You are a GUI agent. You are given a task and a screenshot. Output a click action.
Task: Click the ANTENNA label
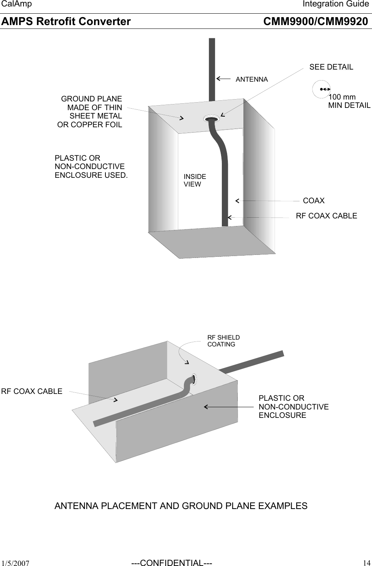tap(251, 79)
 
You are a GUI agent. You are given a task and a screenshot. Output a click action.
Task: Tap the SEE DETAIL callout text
tap(331, 67)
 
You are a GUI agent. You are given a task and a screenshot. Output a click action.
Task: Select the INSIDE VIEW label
tap(195, 180)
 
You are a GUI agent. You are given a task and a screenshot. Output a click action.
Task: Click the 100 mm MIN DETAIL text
tap(349, 101)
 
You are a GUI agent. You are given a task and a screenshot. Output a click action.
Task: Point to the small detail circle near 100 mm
tap(321, 89)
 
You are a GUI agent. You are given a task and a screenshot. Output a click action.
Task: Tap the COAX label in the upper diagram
tap(314, 201)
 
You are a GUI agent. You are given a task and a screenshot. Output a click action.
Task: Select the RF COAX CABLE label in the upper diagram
tap(326, 216)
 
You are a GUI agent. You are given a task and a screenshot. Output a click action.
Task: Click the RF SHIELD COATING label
tap(223, 341)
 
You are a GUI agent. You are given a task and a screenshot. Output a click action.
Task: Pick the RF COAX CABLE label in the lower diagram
tap(32, 391)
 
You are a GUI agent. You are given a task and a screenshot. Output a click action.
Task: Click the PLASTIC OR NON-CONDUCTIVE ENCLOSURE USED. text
tap(91, 166)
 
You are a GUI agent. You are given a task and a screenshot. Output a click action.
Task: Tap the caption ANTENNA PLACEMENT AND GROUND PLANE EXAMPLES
tap(181, 506)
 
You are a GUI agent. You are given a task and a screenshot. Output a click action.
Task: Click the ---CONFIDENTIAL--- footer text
tap(171, 563)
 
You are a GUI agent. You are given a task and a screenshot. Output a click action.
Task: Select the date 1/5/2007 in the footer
tap(16, 563)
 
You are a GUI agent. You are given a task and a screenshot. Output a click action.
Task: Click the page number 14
tap(366, 563)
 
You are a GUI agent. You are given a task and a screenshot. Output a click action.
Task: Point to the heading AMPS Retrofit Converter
tap(66, 22)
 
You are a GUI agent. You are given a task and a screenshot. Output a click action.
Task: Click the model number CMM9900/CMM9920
tap(315, 22)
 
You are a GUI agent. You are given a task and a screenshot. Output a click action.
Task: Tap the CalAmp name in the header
tap(17, 4)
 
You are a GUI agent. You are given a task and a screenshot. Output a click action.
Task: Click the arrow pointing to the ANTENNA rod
tap(223, 79)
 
